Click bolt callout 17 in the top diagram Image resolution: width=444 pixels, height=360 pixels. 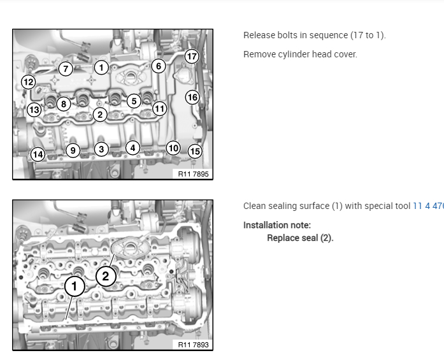tap(192, 57)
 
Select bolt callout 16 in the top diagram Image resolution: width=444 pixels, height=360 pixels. tap(192, 97)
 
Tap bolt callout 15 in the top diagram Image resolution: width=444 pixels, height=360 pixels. tap(195, 151)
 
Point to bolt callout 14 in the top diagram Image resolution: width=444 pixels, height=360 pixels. tap(38, 154)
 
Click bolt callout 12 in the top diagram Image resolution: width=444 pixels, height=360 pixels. tap(28, 82)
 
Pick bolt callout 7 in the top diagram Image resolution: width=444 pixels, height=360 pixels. tap(65, 68)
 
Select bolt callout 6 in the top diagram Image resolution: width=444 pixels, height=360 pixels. tap(158, 66)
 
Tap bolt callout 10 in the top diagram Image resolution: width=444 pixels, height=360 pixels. tap(173, 148)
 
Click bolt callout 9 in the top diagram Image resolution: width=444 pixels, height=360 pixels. tap(73, 150)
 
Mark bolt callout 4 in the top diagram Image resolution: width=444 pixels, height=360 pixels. tap(132, 148)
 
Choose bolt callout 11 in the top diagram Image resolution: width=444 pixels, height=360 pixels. tap(159, 108)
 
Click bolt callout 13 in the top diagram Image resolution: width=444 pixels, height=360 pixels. tap(34, 110)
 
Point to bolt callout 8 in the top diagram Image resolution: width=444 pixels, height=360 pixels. tap(62, 104)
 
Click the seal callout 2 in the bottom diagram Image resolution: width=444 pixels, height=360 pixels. tap(106, 276)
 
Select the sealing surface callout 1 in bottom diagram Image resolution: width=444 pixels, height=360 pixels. tap(75, 287)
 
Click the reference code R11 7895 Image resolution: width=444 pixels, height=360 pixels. tap(194, 173)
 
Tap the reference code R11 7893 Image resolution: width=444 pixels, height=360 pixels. tap(194, 345)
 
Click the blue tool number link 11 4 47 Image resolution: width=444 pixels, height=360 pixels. tap(428, 206)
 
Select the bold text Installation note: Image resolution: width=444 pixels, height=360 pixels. tap(277, 225)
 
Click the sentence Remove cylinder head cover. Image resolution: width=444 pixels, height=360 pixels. tap(300, 54)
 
